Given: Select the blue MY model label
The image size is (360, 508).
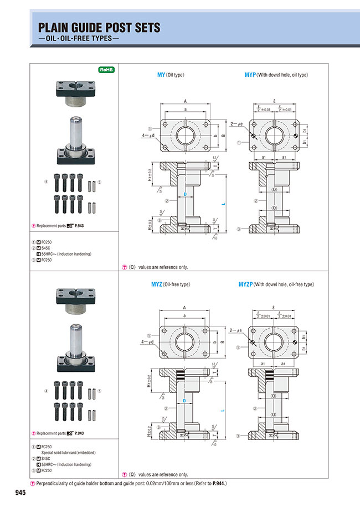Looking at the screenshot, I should click(161, 75).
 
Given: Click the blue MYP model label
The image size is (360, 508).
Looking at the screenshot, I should click(250, 75).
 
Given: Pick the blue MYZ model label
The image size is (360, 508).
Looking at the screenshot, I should click(157, 284).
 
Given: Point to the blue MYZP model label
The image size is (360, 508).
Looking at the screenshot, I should click(245, 284).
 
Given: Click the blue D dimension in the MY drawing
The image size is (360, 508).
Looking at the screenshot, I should click(184, 194).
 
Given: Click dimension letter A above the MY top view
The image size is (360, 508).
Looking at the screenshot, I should click(184, 102).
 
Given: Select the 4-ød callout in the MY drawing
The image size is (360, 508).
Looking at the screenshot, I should click(147, 136).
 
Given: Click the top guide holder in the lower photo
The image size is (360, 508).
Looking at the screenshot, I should click(75, 298).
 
